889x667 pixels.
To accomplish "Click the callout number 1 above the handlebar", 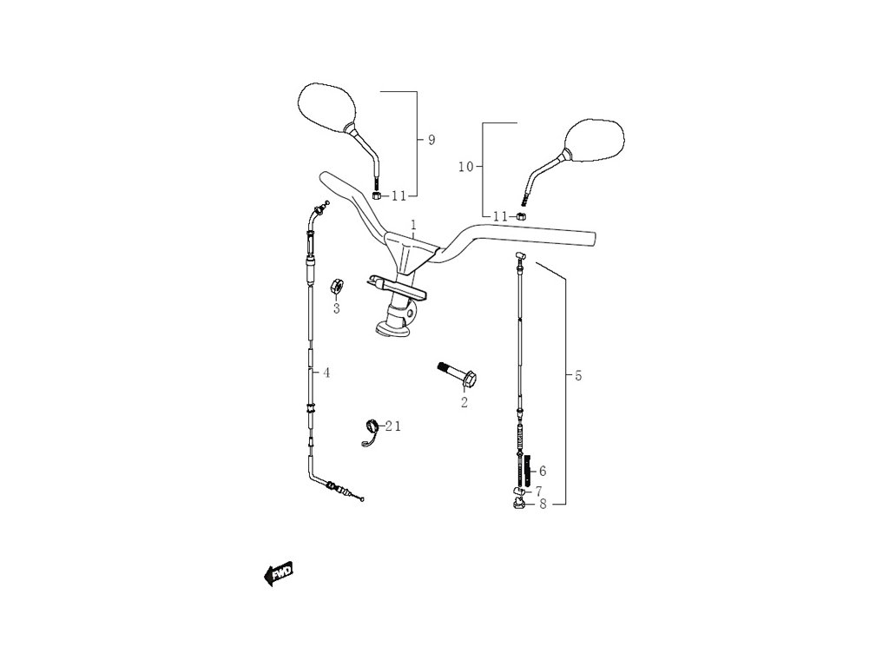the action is click(x=414, y=225).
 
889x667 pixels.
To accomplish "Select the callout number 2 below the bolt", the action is click(x=464, y=402).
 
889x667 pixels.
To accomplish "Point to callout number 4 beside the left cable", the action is click(x=326, y=373).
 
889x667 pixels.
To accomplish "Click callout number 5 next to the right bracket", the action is click(x=578, y=375).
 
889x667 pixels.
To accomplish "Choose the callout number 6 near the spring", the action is click(x=543, y=471).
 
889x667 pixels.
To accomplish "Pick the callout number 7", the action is click(x=538, y=491).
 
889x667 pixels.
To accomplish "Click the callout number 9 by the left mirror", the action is click(x=431, y=140).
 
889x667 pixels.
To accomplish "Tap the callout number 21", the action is click(x=394, y=426).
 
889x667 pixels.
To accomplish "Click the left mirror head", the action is click(x=326, y=108).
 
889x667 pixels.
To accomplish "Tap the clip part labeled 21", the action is click(x=372, y=430).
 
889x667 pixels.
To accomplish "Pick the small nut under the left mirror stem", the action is click(x=378, y=195).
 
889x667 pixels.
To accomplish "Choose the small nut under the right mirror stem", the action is click(x=522, y=215).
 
